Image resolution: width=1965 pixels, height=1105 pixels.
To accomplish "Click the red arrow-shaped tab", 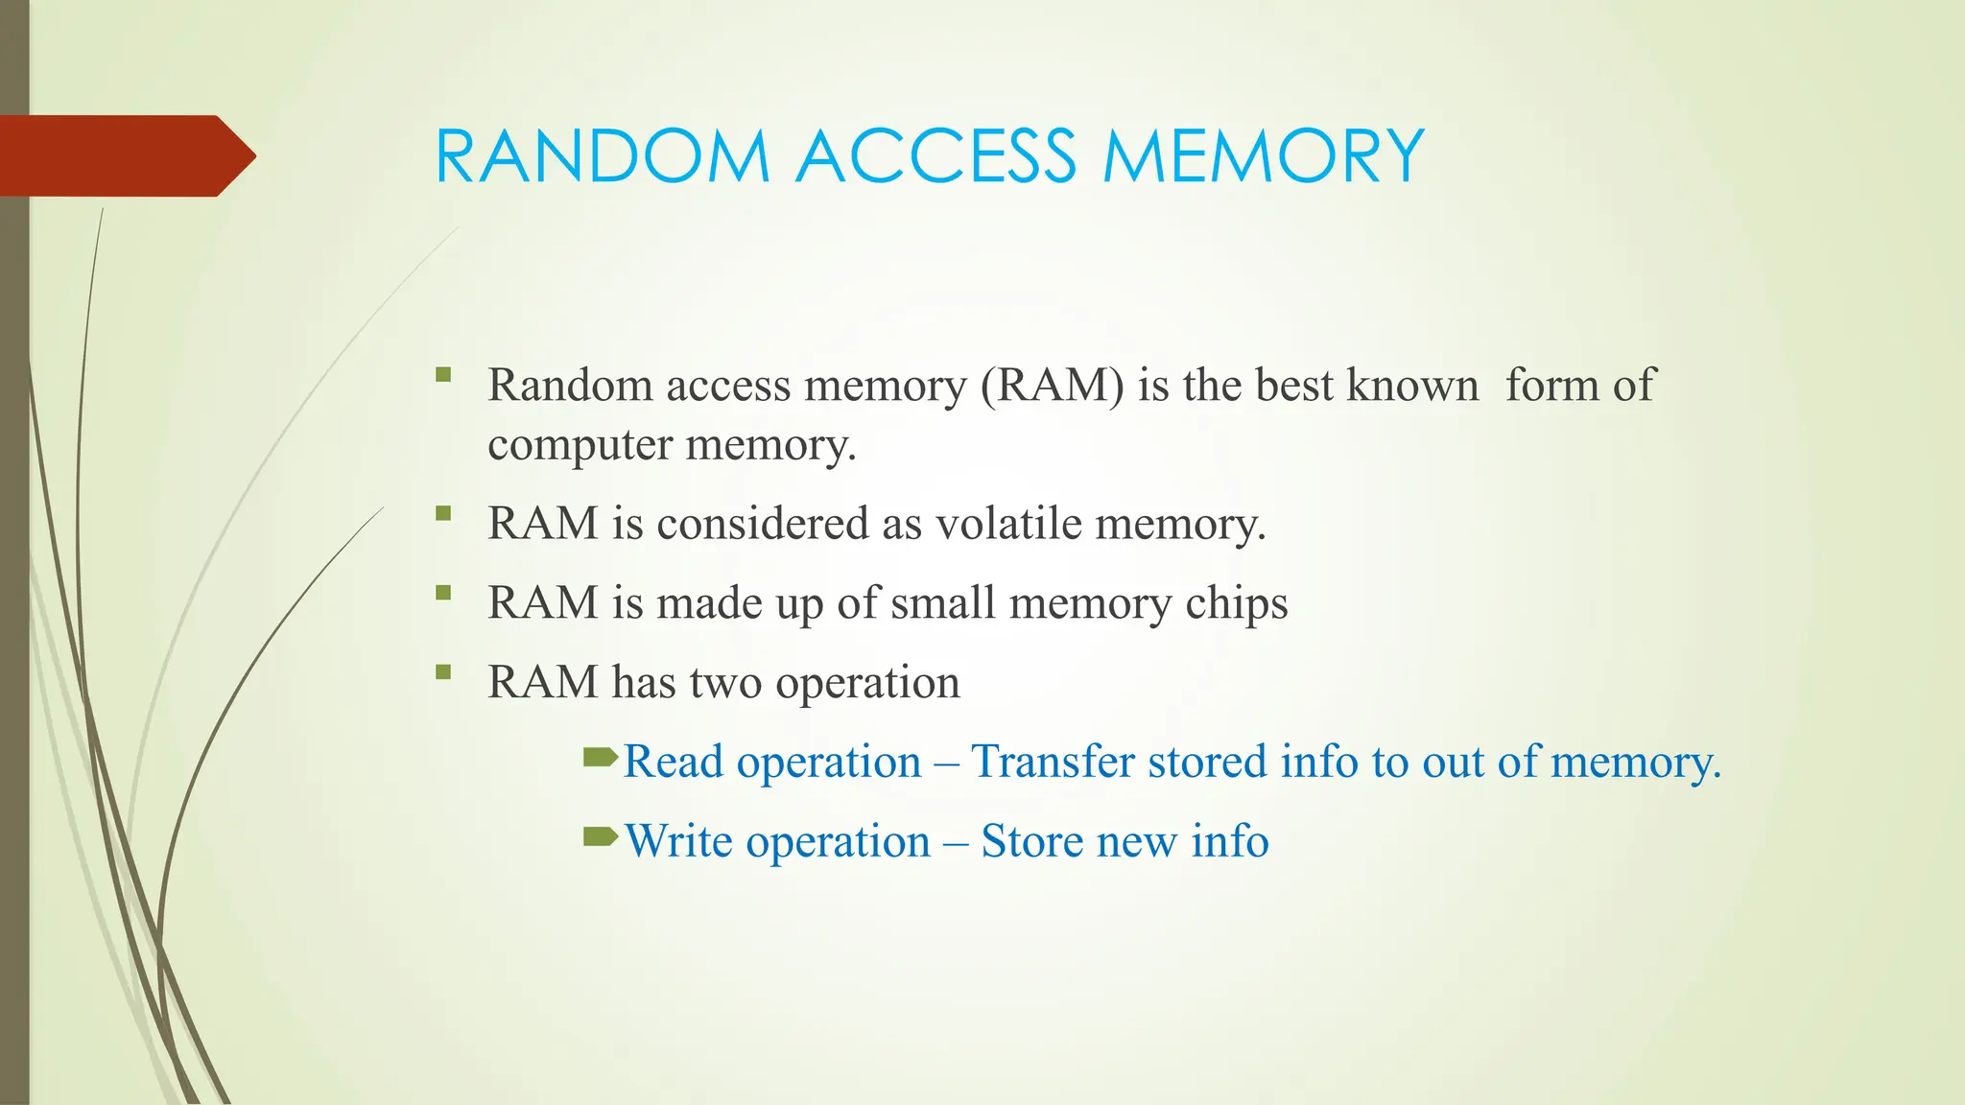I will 125,155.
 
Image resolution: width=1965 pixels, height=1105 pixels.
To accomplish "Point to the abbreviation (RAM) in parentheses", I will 1052,385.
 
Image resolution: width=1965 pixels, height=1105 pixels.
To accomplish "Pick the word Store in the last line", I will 1031,841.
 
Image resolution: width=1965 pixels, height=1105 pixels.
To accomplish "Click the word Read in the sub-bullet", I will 674,762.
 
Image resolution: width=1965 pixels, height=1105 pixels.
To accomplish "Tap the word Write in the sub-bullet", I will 679,841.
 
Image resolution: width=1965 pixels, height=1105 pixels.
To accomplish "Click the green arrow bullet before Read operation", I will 601,759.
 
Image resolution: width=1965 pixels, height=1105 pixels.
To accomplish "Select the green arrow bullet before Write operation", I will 601,838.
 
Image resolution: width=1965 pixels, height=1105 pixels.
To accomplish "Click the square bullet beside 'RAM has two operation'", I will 442,671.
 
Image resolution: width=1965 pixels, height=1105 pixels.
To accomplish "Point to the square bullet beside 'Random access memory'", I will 442,374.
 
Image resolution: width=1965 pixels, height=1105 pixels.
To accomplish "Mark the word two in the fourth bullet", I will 725,683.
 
